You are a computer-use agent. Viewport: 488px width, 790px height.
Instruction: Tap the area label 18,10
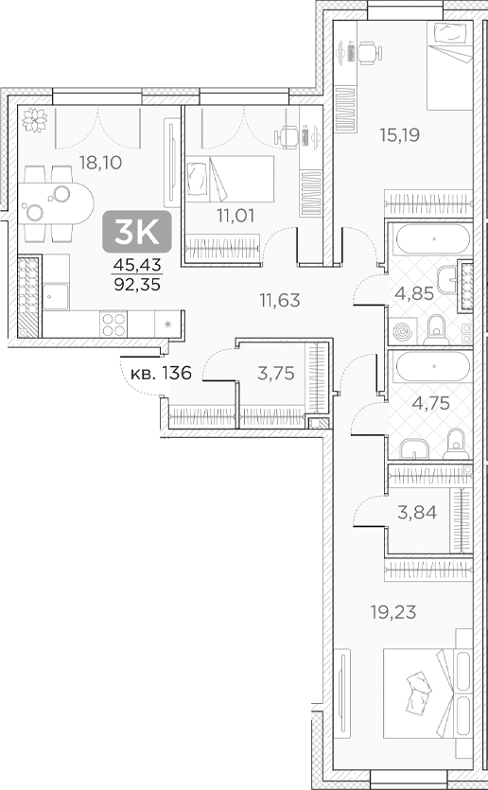(101, 163)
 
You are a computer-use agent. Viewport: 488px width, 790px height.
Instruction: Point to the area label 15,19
(399, 134)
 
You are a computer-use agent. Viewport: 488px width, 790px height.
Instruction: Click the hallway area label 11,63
(281, 301)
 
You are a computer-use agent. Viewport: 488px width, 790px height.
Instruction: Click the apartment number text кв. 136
(162, 372)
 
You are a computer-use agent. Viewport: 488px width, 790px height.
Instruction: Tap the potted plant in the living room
(37, 119)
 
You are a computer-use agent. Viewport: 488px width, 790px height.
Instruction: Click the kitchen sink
(56, 297)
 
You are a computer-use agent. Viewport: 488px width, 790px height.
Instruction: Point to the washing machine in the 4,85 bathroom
(402, 332)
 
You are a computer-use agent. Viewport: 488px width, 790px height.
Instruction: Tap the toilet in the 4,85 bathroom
(436, 328)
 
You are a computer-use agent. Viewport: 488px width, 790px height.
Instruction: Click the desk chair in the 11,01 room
(288, 138)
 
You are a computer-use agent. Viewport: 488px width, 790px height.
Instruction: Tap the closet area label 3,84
(413, 513)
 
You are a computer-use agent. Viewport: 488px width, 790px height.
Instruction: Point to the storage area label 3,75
(276, 374)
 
